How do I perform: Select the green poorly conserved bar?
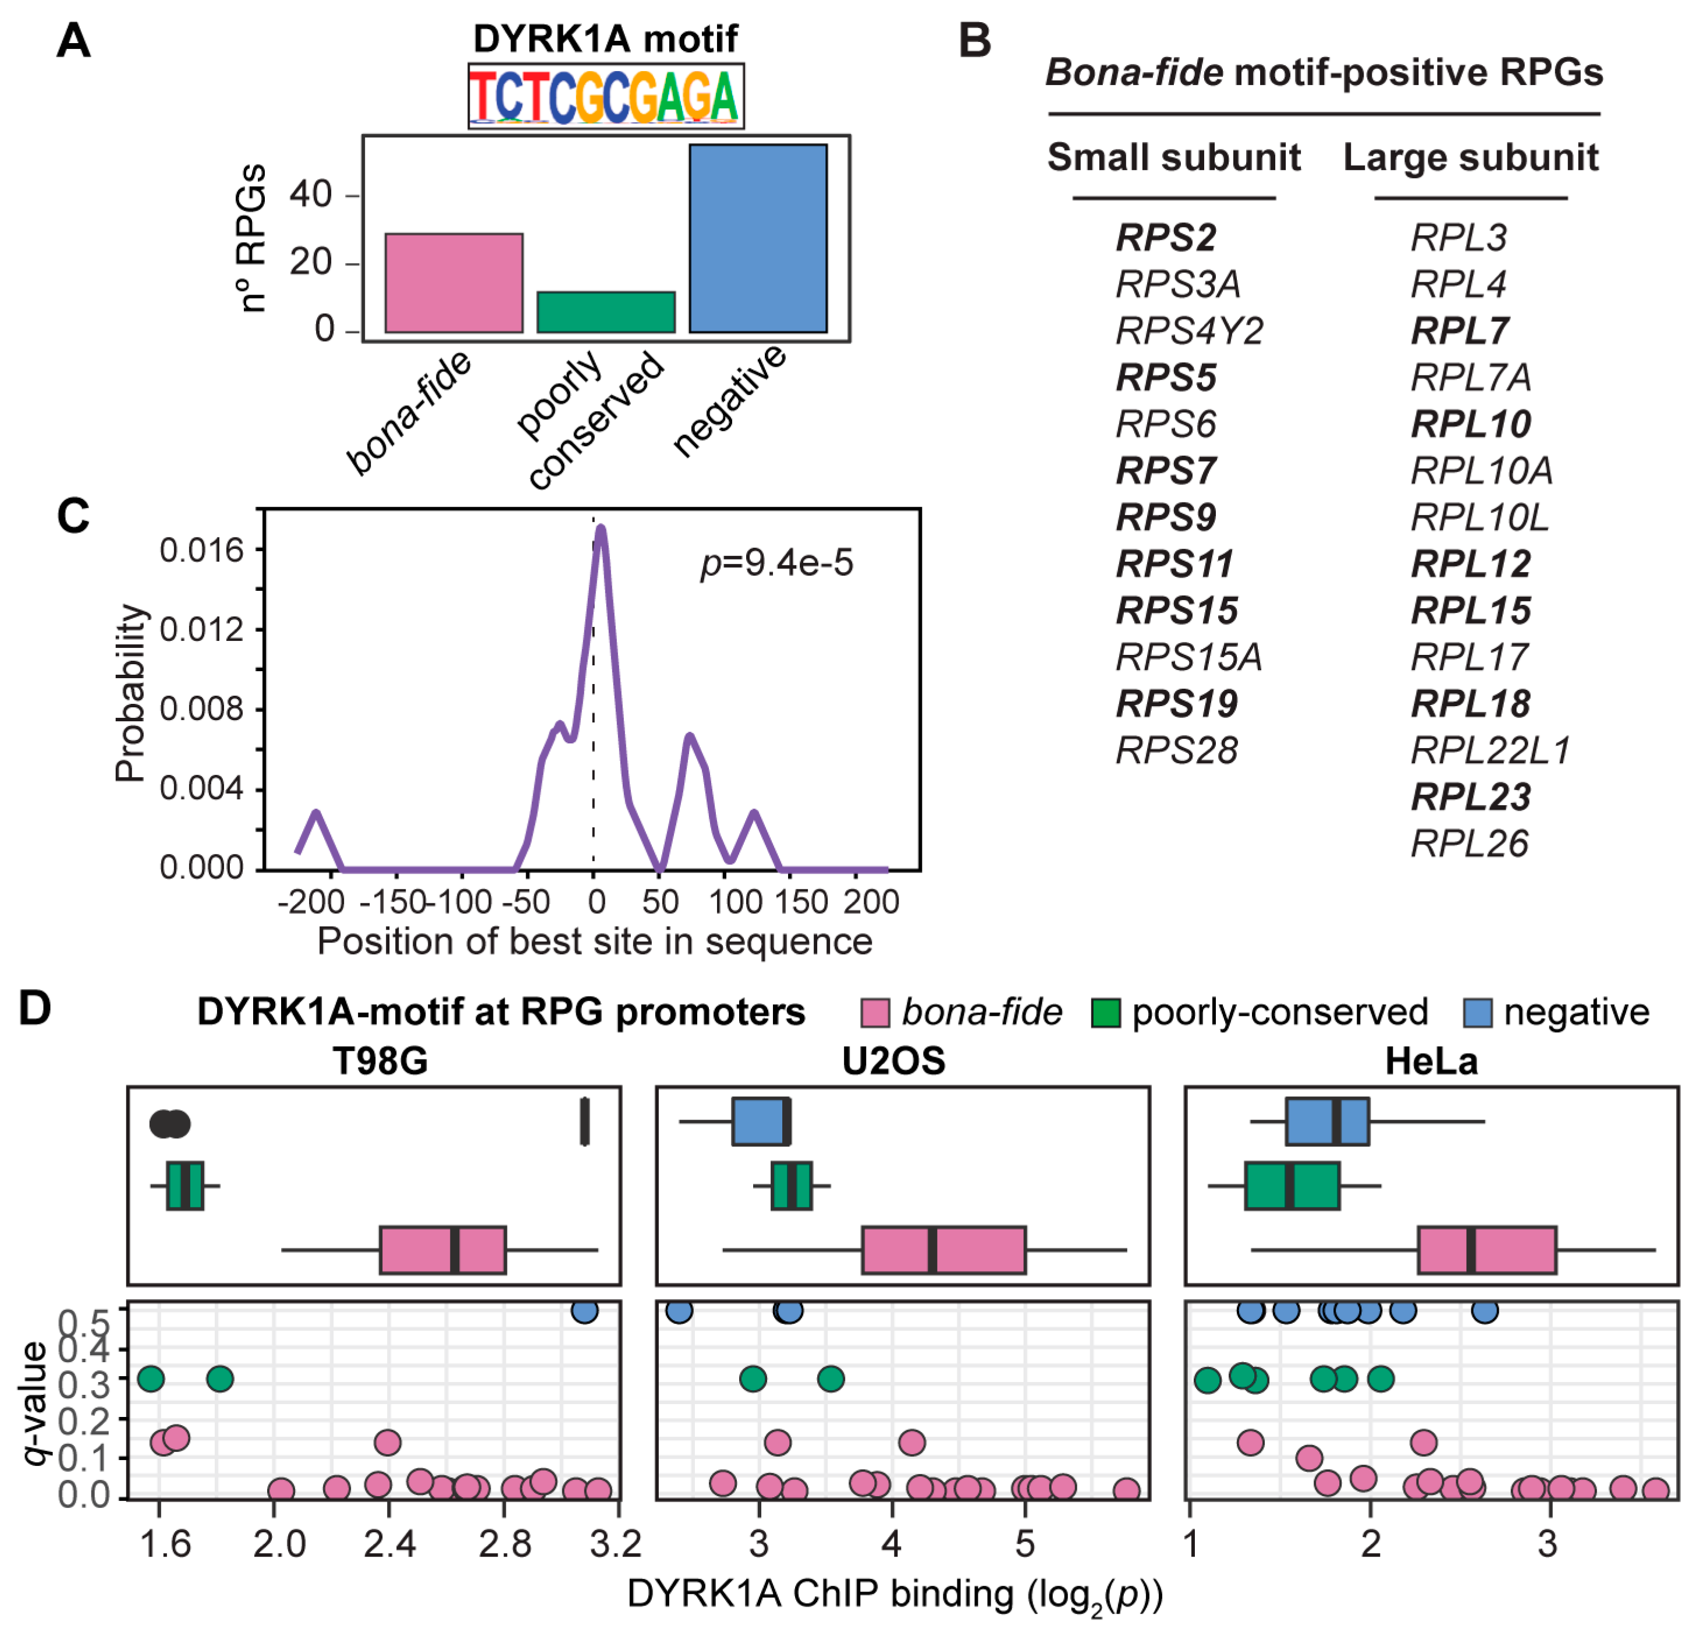(606, 312)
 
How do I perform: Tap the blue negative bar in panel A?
(758, 238)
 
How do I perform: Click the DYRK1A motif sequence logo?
(606, 95)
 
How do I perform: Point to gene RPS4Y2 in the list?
(1188, 331)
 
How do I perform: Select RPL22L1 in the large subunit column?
(1490, 750)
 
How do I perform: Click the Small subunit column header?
(1173, 157)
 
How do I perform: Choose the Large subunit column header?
(1470, 157)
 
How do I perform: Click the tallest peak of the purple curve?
(599, 527)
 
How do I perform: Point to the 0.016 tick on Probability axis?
(201, 550)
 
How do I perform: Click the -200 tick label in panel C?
(310, 902)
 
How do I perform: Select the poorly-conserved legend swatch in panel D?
(1105, 1013)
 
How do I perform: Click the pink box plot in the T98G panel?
(442, 1249)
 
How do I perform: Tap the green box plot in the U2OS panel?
(792, 1185)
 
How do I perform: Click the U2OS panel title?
(893, 1061)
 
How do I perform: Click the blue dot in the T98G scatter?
(585, 1310)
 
